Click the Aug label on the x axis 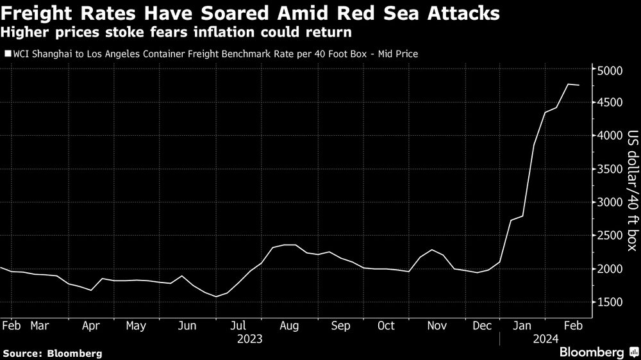pos(290,326)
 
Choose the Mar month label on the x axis pos(40,326)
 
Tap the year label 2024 pos(545,338)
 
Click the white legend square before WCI pos(8,54)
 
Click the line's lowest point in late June pos(215,297)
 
